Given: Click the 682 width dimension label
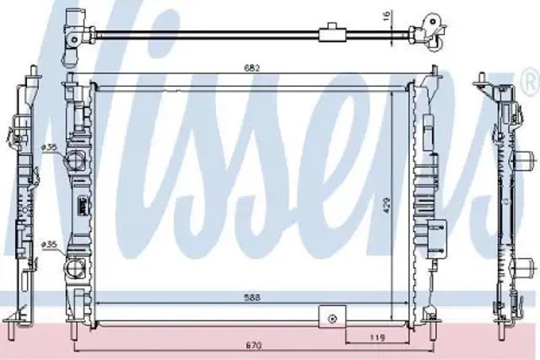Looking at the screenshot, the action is pyautogui.click(x=251, y=67).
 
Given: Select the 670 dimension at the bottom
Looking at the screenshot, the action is pyautogui.click(x=254, y=345).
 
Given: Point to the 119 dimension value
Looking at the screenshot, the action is pyautogui.click(x=377, y=338).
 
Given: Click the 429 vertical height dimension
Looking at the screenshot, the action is pyautogui.click(x=386, y=206).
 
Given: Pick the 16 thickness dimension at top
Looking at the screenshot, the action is pyautogui.click(x=386, y=15).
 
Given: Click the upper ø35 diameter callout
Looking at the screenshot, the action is pyautogui.click(x=49, y=148).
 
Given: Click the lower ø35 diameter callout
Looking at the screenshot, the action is pyautogui.click(x=49, y=244).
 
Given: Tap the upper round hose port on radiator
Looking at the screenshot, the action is pyautogui.click(x=74, y=160).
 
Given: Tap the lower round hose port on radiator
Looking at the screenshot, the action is pyautogui.click(x=73, y=268).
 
